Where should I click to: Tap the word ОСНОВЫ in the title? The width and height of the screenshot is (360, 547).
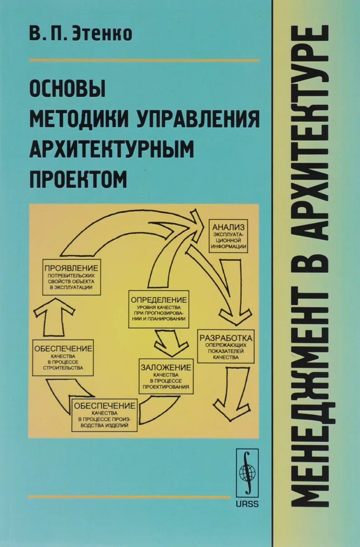click(x=67, y=89)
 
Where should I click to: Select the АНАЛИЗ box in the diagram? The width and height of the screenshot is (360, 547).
click(x=228, y=237)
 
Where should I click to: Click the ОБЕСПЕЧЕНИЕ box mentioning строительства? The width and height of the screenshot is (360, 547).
click(x=63, y=357)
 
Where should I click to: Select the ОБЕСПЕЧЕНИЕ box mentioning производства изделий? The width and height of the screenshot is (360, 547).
click(x=104, y=415)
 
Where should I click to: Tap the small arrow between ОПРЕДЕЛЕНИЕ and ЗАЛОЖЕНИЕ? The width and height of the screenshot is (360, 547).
click(x=170, y=343)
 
